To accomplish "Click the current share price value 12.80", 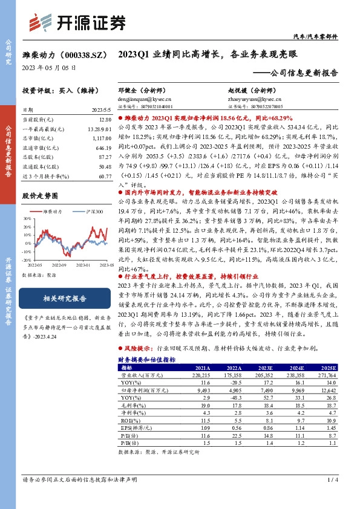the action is pos(103,120).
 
